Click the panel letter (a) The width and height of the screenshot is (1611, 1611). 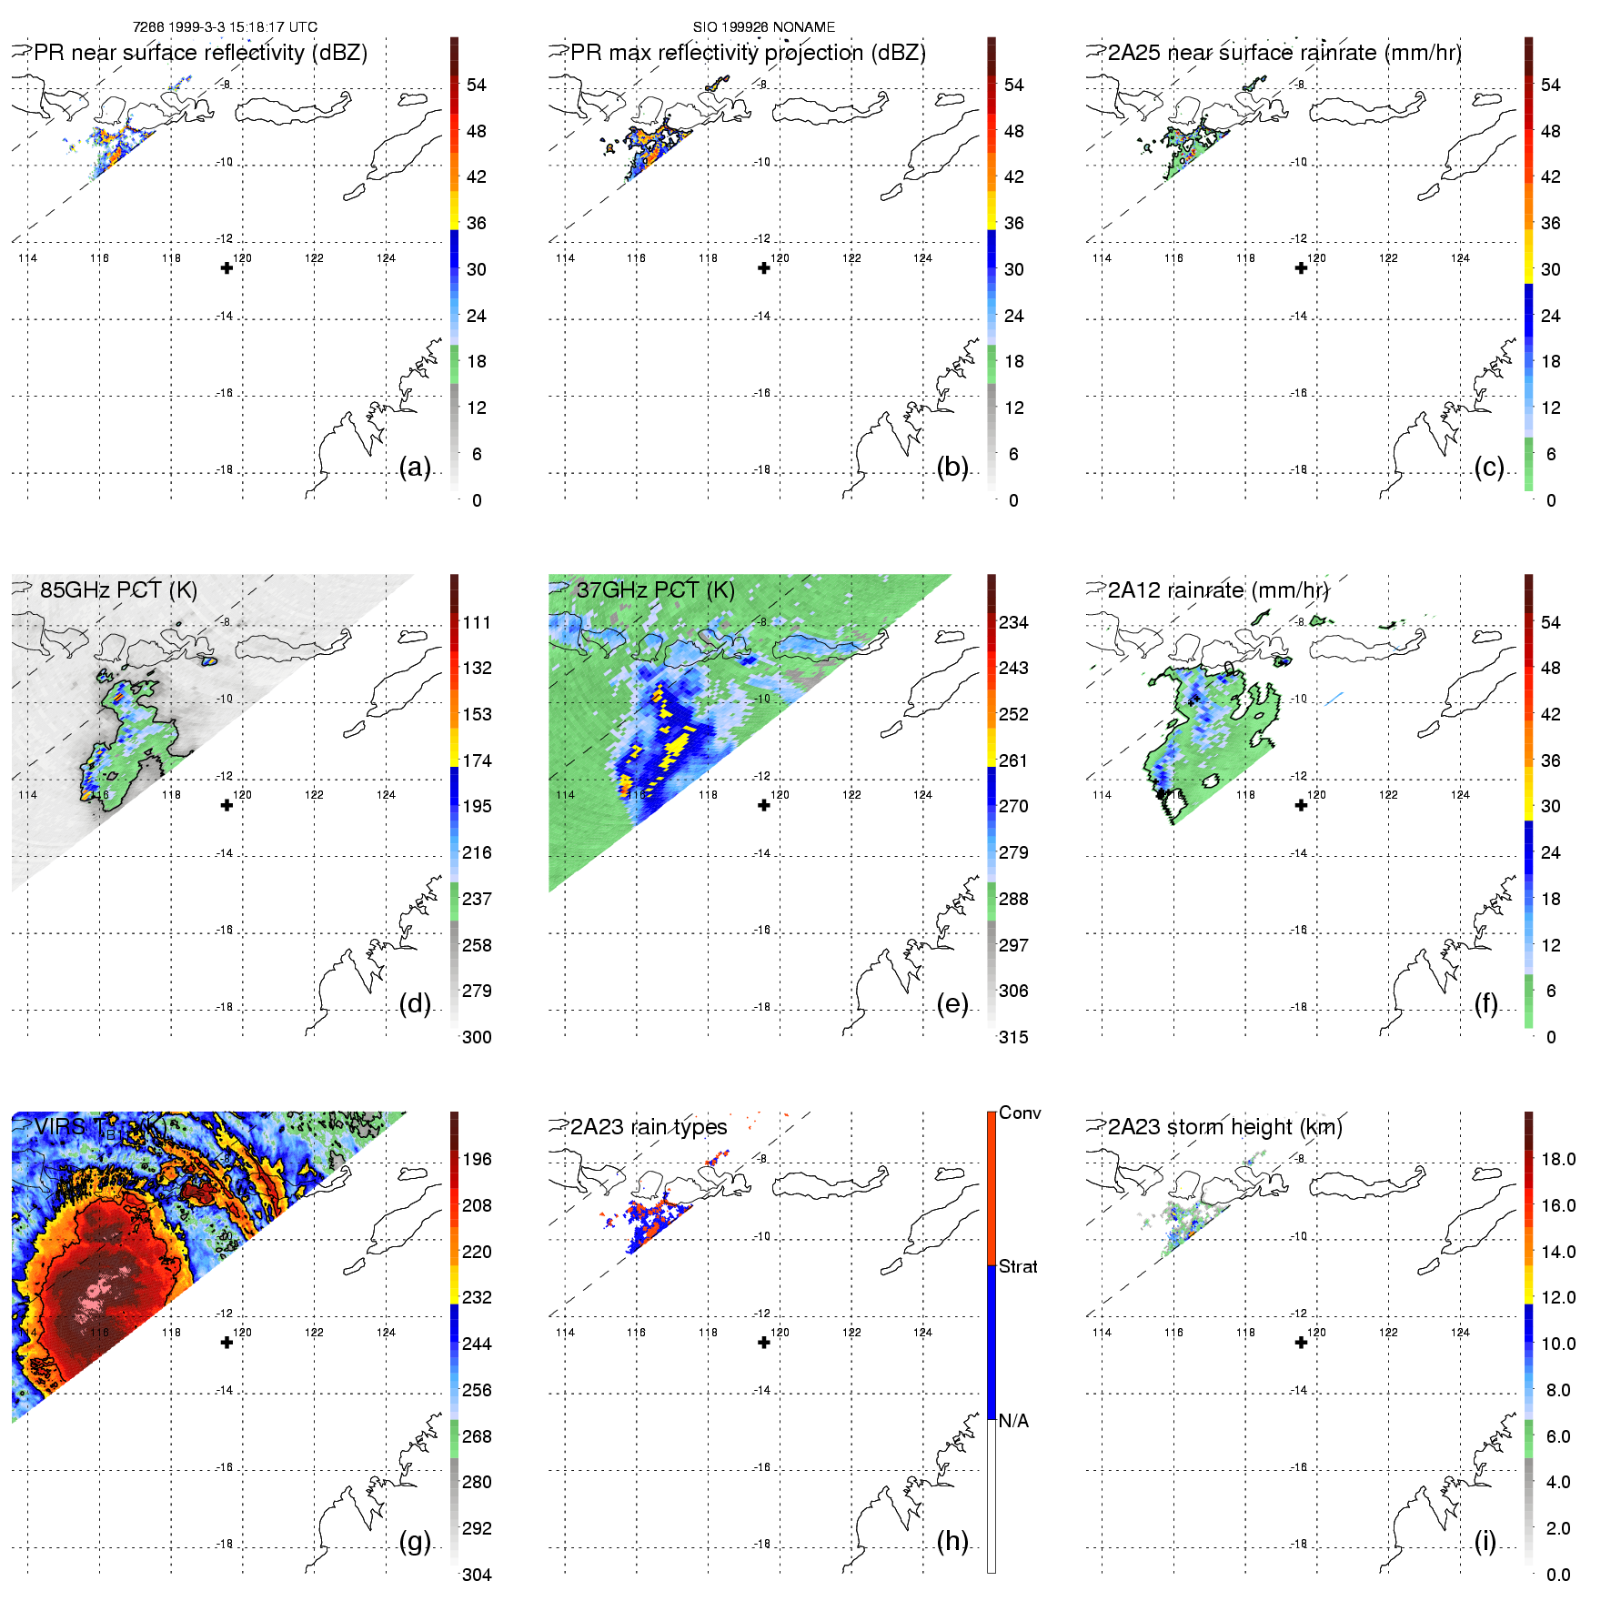[x=415, y=467]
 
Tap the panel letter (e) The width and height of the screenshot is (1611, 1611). [x=951, y=1003]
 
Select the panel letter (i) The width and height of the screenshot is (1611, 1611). [x=1485, y=1541]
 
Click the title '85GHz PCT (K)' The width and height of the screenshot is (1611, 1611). [x=118, y=589]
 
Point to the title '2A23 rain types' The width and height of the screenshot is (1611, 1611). [x=649, y=1127]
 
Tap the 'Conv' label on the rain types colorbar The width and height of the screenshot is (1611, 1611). [x=1020, y=1113]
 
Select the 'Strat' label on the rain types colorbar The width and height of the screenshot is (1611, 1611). [x=1018, y=1266]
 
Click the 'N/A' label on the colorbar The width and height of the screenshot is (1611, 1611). [x=1013, y=1421]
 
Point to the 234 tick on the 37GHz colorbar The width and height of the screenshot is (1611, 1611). [x=1013, y=622]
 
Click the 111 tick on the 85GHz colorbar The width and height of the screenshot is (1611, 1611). [x=477, y=622]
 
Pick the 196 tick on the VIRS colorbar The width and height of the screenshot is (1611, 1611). [x=477, y=1159]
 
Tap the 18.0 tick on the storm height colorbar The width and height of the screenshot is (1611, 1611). [x=1557, y=1159]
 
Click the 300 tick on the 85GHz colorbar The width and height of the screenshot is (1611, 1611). [x=477, y=1037]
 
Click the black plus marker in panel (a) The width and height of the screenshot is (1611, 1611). [x=227, y=267]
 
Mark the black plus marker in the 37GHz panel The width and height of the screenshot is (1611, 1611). [x=764, y=805]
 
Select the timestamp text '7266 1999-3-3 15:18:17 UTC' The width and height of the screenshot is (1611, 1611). [x=225, y=27]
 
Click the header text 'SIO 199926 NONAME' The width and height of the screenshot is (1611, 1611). [x=764, y=27]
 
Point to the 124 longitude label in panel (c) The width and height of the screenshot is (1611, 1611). [x=1460, y=258]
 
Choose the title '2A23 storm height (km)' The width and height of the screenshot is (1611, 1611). [x=1224, y=1127]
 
